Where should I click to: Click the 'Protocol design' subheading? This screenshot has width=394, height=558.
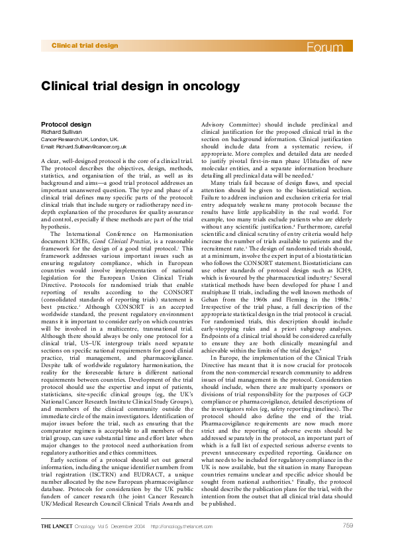66,125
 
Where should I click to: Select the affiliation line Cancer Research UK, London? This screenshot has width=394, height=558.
79,140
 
